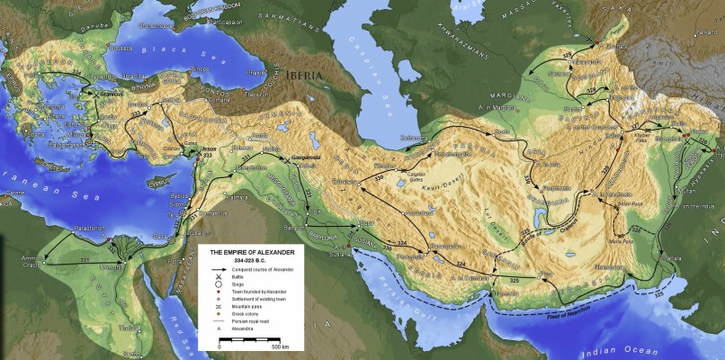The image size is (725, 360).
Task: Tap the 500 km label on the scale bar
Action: [x=280, y=346]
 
